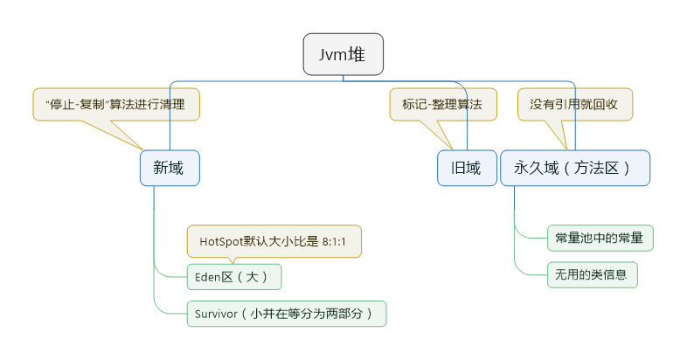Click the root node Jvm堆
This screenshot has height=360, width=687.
click(343, 54)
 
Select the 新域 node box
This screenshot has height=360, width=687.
click(170, 168)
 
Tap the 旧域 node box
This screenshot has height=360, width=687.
click(466, 168)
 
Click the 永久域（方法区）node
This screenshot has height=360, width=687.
click(575, 168)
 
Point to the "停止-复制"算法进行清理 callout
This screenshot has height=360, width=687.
click(116, 104)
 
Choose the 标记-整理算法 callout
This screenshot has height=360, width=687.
click(442, 104)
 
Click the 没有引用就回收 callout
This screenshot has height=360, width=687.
click(574, 104)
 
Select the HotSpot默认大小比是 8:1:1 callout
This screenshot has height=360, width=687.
click(274, 242)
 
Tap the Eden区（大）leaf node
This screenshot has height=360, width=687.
click(234, 278)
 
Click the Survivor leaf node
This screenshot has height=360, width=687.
click(287, 314)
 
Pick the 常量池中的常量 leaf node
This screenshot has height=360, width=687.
click(600, 238)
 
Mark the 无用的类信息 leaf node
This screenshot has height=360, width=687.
click(592, 274)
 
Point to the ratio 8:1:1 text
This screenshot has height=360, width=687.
click(335, 242)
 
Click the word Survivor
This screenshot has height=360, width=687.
click(217, 314)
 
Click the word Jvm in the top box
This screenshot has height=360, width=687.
click(331, 54)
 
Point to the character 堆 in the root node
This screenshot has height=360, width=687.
click(357, 54)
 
